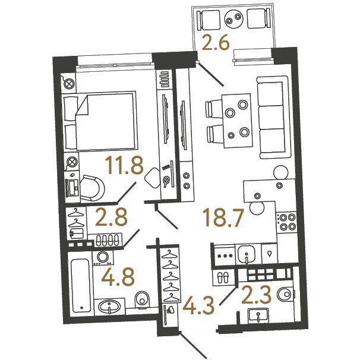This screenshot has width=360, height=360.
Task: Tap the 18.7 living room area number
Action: point(222,217)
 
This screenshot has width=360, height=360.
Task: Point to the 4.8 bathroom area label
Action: point(118,277)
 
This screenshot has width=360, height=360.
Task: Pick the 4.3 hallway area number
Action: point(198,306)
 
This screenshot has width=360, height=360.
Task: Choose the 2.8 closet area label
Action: point(111,217)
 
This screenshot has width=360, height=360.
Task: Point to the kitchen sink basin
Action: point(247,254)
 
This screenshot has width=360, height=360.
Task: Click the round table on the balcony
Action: point(233,19)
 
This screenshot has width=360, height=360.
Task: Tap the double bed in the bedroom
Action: point(99,121)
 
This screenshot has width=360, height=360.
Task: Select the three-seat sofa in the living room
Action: point(273,117)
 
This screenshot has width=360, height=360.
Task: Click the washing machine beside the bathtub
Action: point(103,258)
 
